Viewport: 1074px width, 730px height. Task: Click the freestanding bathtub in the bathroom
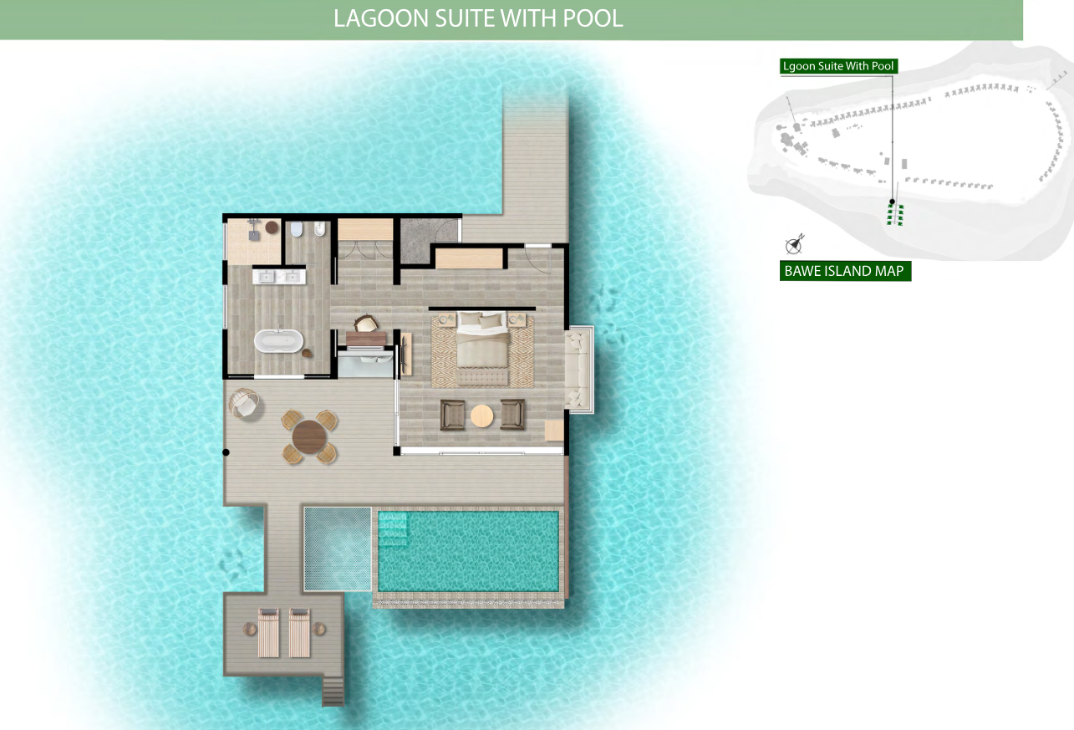(x=278, y=341)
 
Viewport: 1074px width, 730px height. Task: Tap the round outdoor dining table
(x=309, y=436)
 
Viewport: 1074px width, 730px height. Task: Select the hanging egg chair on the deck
(x=245, y=404)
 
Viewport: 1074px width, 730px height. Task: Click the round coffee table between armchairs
(x=482, y=416)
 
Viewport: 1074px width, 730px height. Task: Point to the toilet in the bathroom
(x=297, y=229)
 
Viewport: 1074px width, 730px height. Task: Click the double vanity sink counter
(x=279, y=277)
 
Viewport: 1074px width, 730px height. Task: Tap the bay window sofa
(x=578, y=369)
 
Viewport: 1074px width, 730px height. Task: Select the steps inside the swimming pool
(x=393, y=528)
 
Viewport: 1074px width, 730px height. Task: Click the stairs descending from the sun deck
(x=333, y=692)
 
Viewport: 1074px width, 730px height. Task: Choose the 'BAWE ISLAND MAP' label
(x=845, y=271)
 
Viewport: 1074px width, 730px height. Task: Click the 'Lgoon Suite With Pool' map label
(x=838, y=66)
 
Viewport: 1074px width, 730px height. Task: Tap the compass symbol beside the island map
(x=795, y=245)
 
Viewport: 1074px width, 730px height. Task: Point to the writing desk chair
(x=366, y=324)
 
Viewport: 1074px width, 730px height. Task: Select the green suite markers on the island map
(x=894, y=214)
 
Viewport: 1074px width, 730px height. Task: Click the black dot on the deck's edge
(x=226, y=452)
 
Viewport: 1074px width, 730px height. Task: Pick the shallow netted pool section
(x=338, y=549)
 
